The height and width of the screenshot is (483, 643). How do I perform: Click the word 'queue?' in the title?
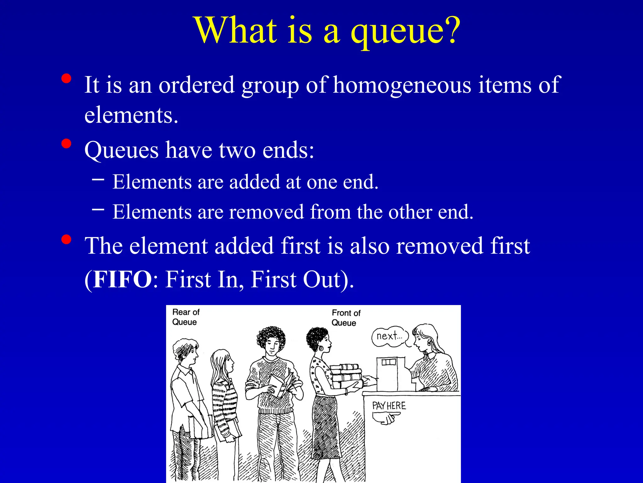point(405,31)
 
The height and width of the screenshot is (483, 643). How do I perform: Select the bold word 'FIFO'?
point(122,279)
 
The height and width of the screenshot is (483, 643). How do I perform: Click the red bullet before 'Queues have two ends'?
point(66,144)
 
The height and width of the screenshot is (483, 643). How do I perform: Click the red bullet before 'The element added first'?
point(66,240)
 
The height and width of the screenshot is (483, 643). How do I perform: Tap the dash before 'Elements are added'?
point(98,180)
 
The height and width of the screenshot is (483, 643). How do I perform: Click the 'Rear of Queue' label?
point(186,317)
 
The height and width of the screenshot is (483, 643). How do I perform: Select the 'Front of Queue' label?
point(346,318)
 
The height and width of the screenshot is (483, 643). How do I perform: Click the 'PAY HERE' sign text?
point(389,406)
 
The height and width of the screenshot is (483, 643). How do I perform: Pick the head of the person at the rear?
point(186,351)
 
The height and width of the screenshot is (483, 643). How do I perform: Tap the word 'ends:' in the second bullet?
point(288,150)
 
